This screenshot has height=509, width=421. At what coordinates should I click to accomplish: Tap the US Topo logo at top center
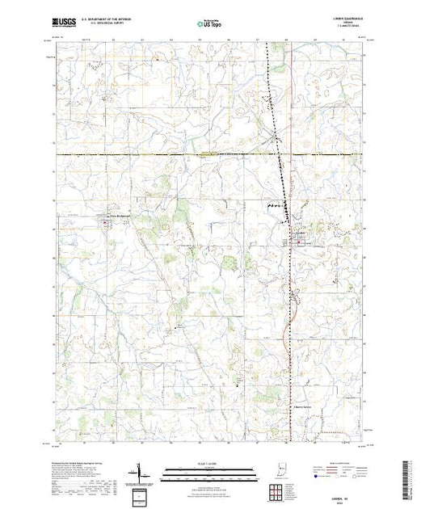(209, 26)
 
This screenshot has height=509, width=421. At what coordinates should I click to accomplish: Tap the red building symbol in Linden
(299, 240)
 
